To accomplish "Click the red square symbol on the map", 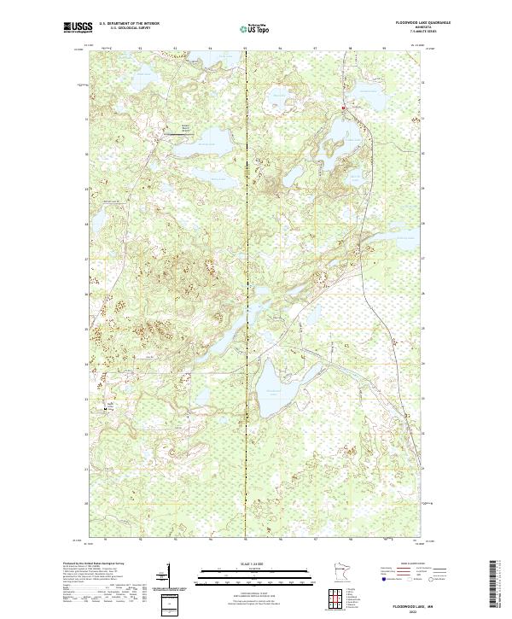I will point(343,108).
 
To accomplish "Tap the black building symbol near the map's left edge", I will point(108,409).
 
